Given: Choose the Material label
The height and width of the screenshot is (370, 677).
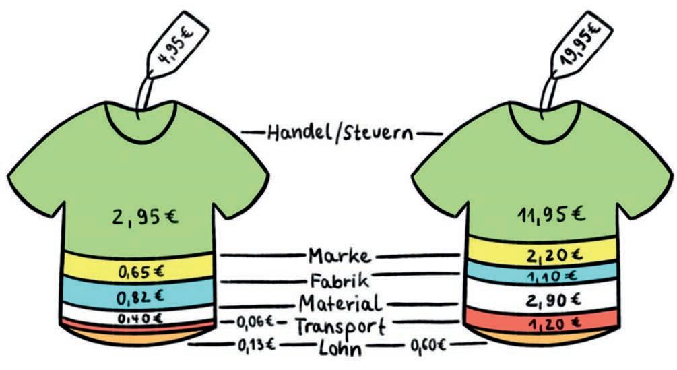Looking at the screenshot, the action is pyautogui.click(x=340, y=303).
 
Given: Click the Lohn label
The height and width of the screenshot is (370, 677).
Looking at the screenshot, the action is pyautogui.click(x=341, y=348).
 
